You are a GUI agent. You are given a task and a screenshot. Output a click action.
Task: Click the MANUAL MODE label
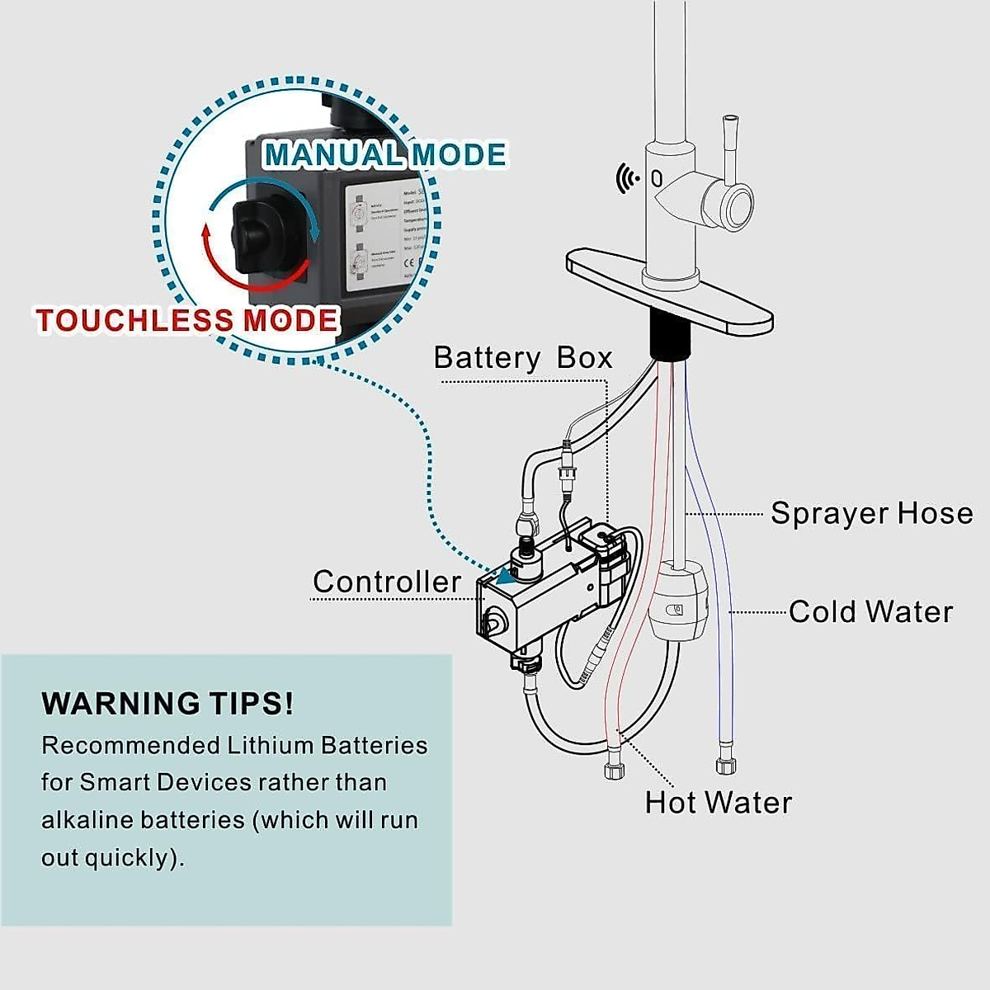click(384, 155)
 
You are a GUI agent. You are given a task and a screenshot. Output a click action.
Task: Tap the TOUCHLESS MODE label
click(187, 320)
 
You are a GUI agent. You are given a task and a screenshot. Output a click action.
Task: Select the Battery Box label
click(522, 358)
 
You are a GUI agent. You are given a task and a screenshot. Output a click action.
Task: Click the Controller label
click(387, 582)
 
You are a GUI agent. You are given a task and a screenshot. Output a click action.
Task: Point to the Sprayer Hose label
click(871, 513)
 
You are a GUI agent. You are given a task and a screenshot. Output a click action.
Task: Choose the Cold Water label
click(870, 612)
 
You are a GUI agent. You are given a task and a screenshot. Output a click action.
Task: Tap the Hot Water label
click(718, 803)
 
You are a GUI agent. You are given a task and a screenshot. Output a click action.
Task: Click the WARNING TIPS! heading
click(167, 704)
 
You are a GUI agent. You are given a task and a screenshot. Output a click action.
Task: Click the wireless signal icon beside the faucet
click(627, 177)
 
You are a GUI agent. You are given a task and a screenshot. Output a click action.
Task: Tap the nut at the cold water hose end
click(725, 764)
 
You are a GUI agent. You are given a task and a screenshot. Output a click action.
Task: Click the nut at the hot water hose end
click(614, 771)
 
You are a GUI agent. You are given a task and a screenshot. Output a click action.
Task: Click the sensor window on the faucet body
click(657, 177)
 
